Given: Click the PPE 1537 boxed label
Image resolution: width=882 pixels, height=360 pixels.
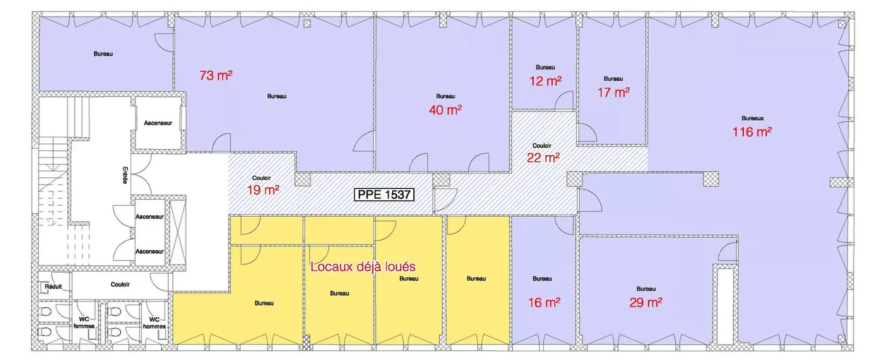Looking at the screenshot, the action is point(384,195).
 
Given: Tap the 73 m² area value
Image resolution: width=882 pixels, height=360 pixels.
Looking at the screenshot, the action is point(216,75).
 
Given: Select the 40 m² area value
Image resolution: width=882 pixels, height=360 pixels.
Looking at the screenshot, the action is point(445,110).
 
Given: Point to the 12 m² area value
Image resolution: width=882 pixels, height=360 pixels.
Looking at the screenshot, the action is point(545,81).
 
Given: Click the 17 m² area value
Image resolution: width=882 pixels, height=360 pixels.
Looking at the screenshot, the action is point(613,93).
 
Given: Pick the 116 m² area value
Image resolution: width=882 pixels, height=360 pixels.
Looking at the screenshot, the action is point(752,132).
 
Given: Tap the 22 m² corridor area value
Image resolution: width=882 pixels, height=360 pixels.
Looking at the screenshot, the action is point(543,158).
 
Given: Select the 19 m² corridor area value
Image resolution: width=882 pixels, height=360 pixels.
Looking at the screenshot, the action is point(263,190).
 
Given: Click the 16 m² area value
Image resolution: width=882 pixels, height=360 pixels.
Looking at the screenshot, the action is point(544,303).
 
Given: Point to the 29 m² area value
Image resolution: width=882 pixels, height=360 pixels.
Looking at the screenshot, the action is point(646,303).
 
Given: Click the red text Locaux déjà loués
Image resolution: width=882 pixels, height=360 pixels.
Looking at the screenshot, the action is point(363,267).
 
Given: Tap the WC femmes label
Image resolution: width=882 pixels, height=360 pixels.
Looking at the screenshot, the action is point(84,323).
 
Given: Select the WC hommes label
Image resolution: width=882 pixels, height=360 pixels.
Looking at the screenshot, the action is point(154,323).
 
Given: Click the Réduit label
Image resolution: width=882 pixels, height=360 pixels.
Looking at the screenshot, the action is point(53,287).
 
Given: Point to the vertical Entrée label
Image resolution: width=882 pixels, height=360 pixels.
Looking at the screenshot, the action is point(125,175).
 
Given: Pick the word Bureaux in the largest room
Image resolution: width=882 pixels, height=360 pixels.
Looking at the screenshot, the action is point(752,118).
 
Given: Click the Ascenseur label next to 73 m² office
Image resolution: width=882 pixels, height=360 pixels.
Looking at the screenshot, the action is point(158,123).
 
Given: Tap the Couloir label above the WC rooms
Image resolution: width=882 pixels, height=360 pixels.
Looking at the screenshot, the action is point(120,285).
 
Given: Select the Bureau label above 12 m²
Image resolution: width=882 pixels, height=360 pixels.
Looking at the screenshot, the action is point(545,67).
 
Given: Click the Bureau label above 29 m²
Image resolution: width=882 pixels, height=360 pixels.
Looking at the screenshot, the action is point(646,289).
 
